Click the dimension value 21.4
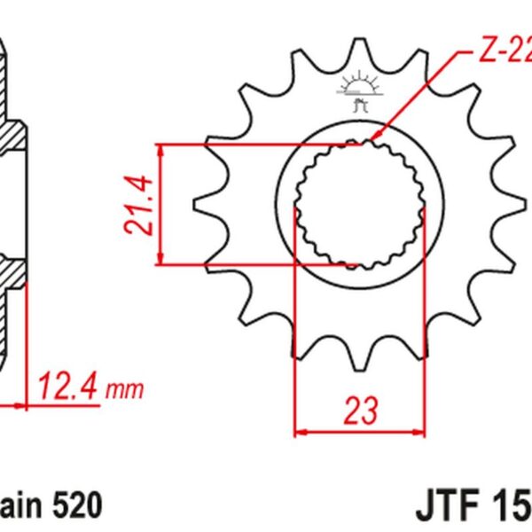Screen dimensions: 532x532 139,204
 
